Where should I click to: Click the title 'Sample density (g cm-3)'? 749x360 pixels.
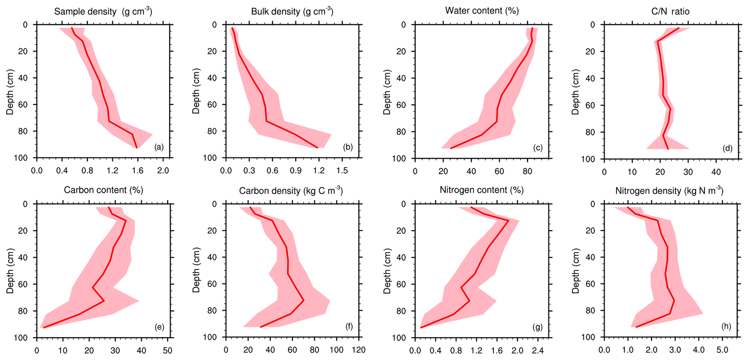pos(103,11)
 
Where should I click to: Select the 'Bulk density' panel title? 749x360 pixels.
pos(292,11)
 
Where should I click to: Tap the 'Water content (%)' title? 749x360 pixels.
pos(482,11)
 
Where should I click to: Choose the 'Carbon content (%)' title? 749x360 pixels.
pos(104,190)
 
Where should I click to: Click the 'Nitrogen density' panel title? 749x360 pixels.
pos(669,191)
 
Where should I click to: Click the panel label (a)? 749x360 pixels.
pos(159,147)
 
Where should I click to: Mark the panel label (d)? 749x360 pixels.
pos(727,148)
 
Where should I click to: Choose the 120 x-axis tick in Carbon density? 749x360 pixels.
pos(359,350)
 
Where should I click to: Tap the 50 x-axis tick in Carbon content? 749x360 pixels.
pos(168,350)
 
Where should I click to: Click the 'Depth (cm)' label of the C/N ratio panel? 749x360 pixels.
pos(575,92)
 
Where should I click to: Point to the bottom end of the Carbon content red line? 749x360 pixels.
pos(44,327)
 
